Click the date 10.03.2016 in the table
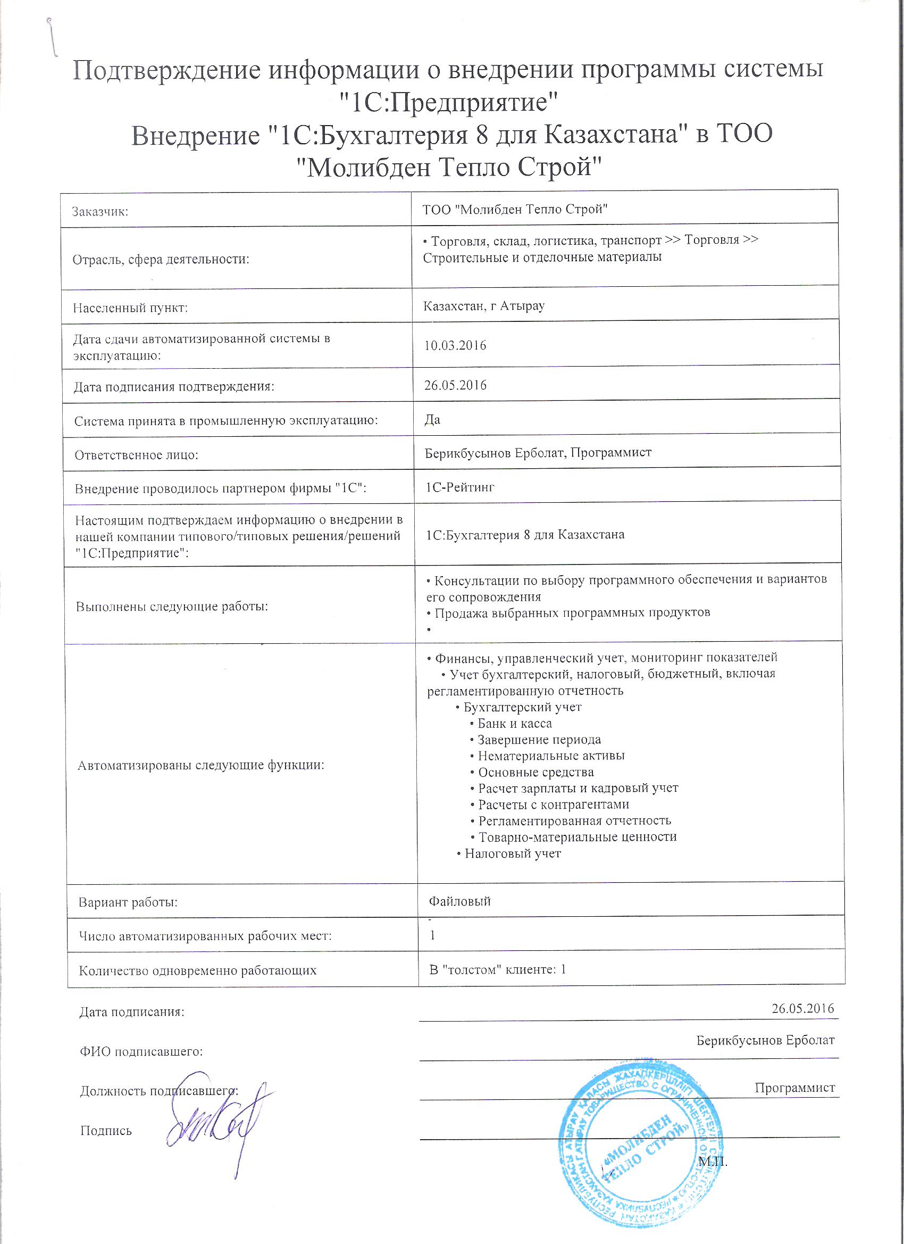[456, 345]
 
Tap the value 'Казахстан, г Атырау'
[484, 306]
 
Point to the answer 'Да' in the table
[432, 420]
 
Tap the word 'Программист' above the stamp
[794, 1088]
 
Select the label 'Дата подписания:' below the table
[132, 1012]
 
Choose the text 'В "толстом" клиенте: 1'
[498, 969]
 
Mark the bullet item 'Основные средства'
[535, 772]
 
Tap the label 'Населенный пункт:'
[130, 308]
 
